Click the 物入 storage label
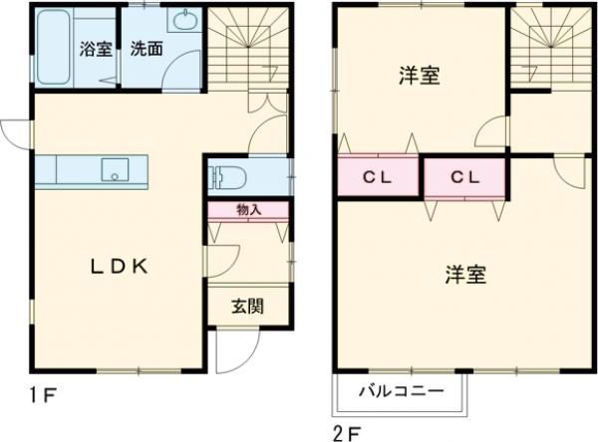tap(248, 210)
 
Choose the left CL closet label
tap(376, 178)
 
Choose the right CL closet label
tap(463, 178)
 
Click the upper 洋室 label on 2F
tap(420, 76)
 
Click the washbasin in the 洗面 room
tap(184, 22)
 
